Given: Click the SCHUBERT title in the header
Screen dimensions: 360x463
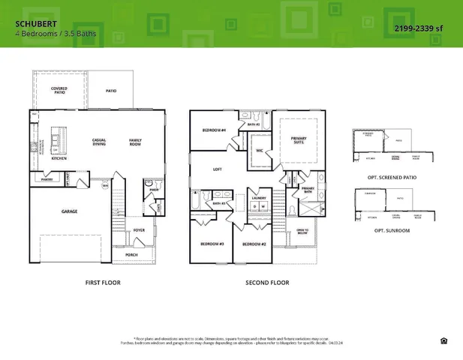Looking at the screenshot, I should pos(31,24).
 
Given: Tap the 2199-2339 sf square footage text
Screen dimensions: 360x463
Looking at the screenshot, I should pos(418,28).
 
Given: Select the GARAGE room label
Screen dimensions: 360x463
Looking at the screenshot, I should pos(69,211).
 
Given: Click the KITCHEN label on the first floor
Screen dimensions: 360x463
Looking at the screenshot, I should pos(59,158).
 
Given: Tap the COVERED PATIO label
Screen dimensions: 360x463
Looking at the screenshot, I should pos(59,90).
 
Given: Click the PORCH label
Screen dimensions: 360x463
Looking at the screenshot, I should pos(131,254).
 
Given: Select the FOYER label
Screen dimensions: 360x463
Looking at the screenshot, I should pos(139,230).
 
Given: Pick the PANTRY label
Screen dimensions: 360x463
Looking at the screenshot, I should pos(46,179).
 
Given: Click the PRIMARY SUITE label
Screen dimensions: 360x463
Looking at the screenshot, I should pos(299,139).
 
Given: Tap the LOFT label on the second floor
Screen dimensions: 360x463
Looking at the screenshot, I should pos(217,169).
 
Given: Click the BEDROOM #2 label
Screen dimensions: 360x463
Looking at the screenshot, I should pos(254,244).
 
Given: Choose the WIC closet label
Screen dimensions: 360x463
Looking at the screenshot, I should pos(259,150).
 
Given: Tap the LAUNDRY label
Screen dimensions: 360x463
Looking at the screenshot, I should pos(259,198).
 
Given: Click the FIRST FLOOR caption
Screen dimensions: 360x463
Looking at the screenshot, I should pos(103,283).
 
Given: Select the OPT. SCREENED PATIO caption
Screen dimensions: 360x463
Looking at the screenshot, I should pos(392,177).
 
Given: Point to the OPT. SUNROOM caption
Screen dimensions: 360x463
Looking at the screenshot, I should pos(392,230).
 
